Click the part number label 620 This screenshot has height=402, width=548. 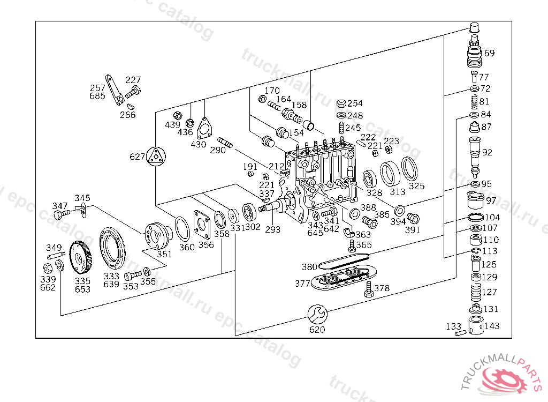point(317,330)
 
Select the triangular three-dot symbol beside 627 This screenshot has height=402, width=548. point(156,157)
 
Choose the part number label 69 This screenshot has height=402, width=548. point(489,53)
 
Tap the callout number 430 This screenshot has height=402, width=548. point(198,144)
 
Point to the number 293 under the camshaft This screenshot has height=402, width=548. point(273,229)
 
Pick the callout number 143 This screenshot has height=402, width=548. point(492,326)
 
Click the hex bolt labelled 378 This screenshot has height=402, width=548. point(368,289)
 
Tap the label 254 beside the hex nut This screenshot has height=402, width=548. point(355,103)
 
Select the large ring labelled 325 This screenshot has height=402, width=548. point(411,169)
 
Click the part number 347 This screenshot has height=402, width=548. point(60,206)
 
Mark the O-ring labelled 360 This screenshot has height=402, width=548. point(182,230)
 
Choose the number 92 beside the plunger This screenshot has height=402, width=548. point(487,152)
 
